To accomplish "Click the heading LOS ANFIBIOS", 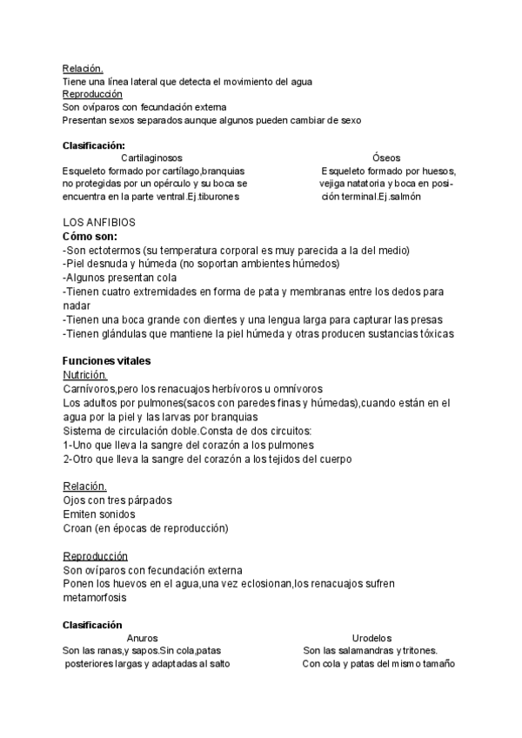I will pyautogui.click(x=98, y=223).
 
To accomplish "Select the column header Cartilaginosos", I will pyautogui.click(x=152, y=158).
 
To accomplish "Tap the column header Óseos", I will pyautogui.click(x=386, y=158).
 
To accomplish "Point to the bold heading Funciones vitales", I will pyautogui.click(x=106, y=361).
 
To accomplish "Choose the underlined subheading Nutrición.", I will pyautogui.click(x=85, y=374).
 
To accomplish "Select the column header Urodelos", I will pyautogui.click(x=371, y=638).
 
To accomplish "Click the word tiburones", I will pyautogui.click(x=219, y=198).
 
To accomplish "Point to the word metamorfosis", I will pyautogui.click(x=95, y=598).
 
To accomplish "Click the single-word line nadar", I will pyautogui.click(x=77, y=305).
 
